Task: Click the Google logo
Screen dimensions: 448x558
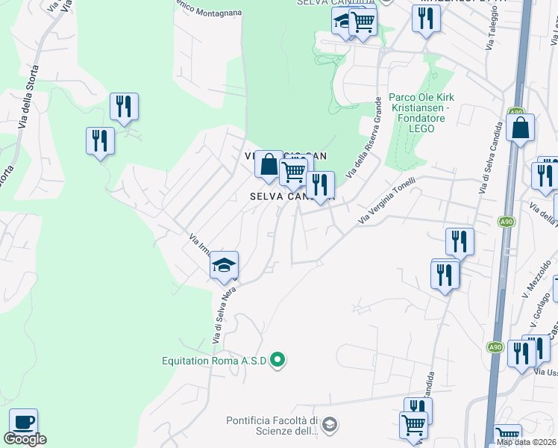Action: coord(25,439)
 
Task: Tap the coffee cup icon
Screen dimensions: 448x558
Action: coord(23,422)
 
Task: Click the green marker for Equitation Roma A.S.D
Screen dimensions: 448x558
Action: coord(278,361)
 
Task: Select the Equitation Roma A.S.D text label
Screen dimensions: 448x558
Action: coord(215,361)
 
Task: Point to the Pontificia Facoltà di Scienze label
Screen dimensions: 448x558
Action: coord(273,425)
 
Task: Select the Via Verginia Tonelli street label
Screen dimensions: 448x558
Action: coord(386,205)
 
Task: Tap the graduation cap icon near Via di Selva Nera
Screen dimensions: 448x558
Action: coord(224,265)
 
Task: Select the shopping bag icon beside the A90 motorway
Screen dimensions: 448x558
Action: coord(520,128)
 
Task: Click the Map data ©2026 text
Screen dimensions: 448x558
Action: coord(527,442)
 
